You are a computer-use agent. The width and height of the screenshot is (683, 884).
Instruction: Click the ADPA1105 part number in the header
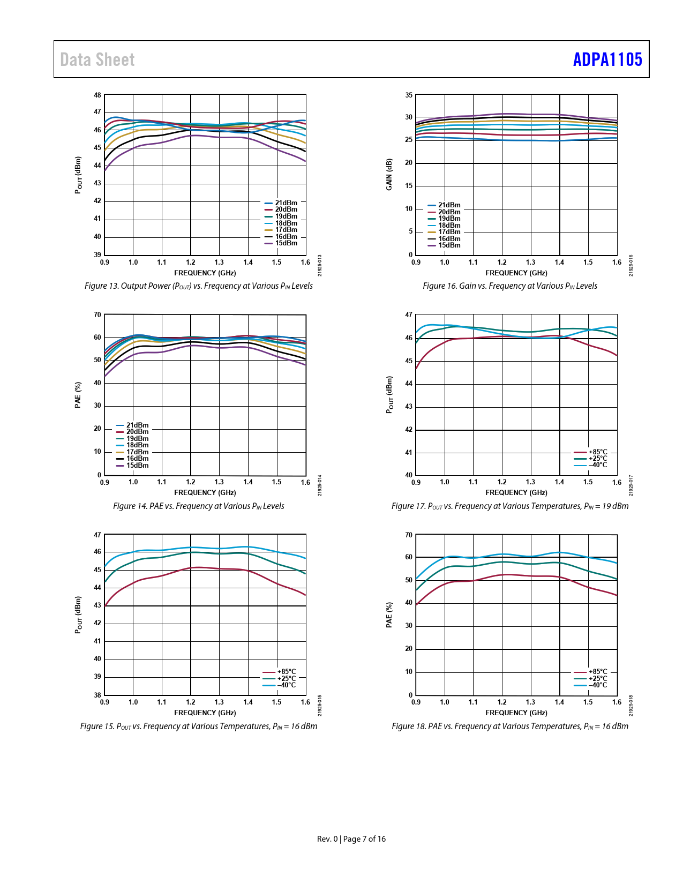tap(607, 59)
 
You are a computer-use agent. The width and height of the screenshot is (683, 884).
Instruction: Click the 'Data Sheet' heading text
tap(97, 59)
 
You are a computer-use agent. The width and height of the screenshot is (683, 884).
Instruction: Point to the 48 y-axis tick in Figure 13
tap(97, 95)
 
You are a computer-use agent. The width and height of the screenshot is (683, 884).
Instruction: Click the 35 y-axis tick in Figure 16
tap(409, 95)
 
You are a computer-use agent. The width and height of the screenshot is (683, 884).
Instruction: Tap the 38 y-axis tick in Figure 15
tap(97, 695)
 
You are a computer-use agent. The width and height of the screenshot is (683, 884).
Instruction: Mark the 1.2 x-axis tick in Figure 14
tap(191, 482)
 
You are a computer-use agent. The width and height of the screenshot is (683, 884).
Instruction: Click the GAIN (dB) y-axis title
tap(389, 174)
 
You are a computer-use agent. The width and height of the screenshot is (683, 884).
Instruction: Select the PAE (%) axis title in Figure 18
tap(389, 614)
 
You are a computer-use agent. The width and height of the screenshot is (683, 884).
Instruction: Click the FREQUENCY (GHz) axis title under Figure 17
tap(516, 493)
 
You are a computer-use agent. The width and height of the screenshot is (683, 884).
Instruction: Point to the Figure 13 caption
tap(199, 286)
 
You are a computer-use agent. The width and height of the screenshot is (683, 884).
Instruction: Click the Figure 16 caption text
tap(510, 286)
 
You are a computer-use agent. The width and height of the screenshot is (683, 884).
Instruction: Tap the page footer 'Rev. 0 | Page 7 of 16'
tap(351, 839)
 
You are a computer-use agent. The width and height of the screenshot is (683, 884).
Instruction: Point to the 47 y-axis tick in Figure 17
tap(409, 315)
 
